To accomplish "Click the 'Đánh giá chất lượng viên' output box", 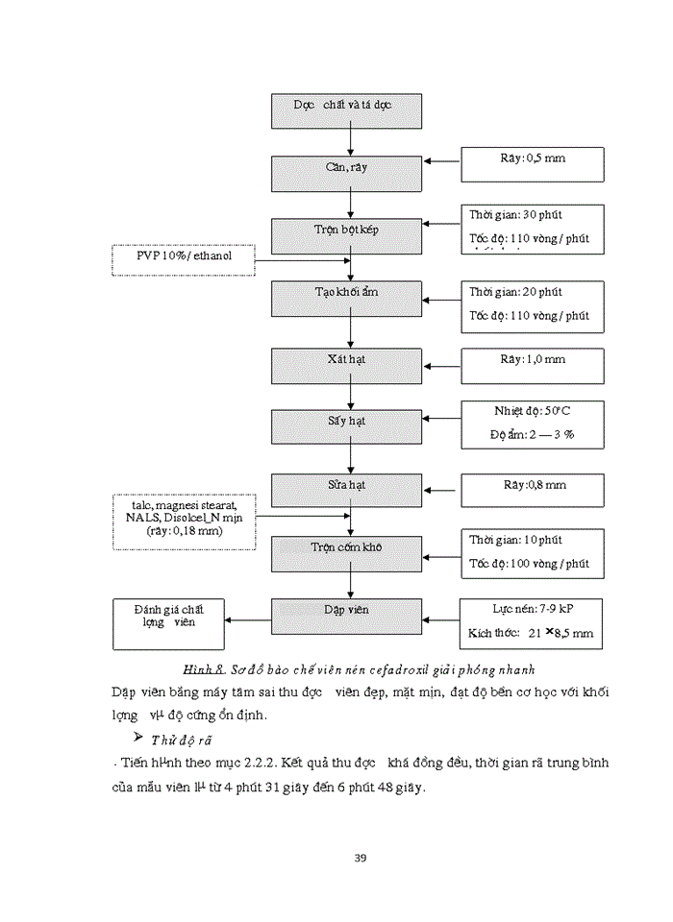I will pos(169,622).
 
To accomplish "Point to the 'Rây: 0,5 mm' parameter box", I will pos(533,164).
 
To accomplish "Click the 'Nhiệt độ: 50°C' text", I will pos(533,410).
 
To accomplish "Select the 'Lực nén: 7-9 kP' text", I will pos(533,608).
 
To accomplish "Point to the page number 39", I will pos(361,858).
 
